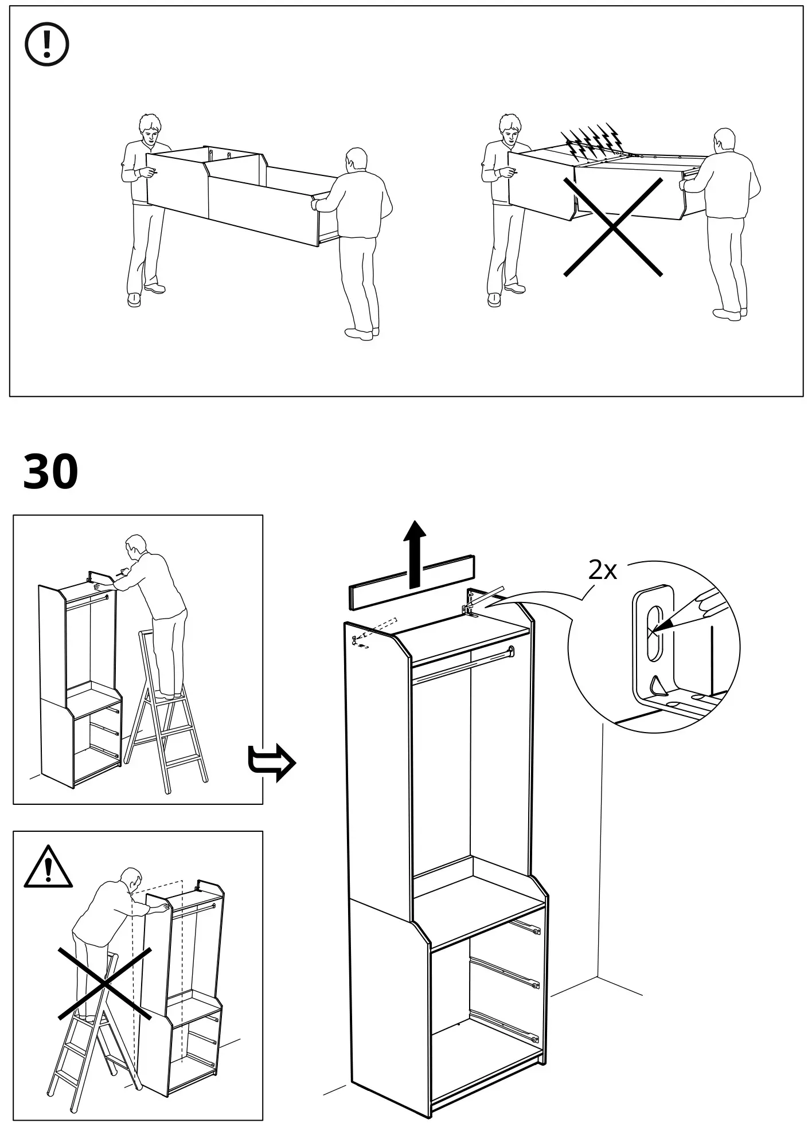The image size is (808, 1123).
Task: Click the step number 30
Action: pos(50,471)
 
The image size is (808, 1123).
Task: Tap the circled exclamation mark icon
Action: pos(47,44)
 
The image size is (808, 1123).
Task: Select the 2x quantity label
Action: pos(602,570)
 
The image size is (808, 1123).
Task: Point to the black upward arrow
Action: pos(414,554)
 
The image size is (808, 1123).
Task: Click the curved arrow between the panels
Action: pos(271,763)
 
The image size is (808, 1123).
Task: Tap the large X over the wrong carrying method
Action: pos(612,227)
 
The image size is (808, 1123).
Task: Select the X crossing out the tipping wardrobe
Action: pos(104,983)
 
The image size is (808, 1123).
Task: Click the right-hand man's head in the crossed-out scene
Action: pos(724,142)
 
